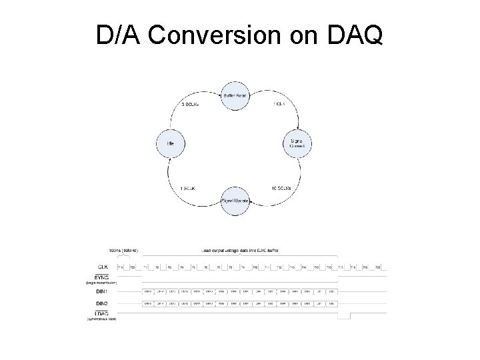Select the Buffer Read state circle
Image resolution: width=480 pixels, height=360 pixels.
234,96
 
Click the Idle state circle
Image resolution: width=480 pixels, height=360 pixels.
171,143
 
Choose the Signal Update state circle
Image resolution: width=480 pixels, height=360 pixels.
234,200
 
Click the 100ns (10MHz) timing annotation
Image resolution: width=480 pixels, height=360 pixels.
115,251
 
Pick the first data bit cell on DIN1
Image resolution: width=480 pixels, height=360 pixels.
148,291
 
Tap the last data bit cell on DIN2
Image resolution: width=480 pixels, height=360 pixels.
331,304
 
